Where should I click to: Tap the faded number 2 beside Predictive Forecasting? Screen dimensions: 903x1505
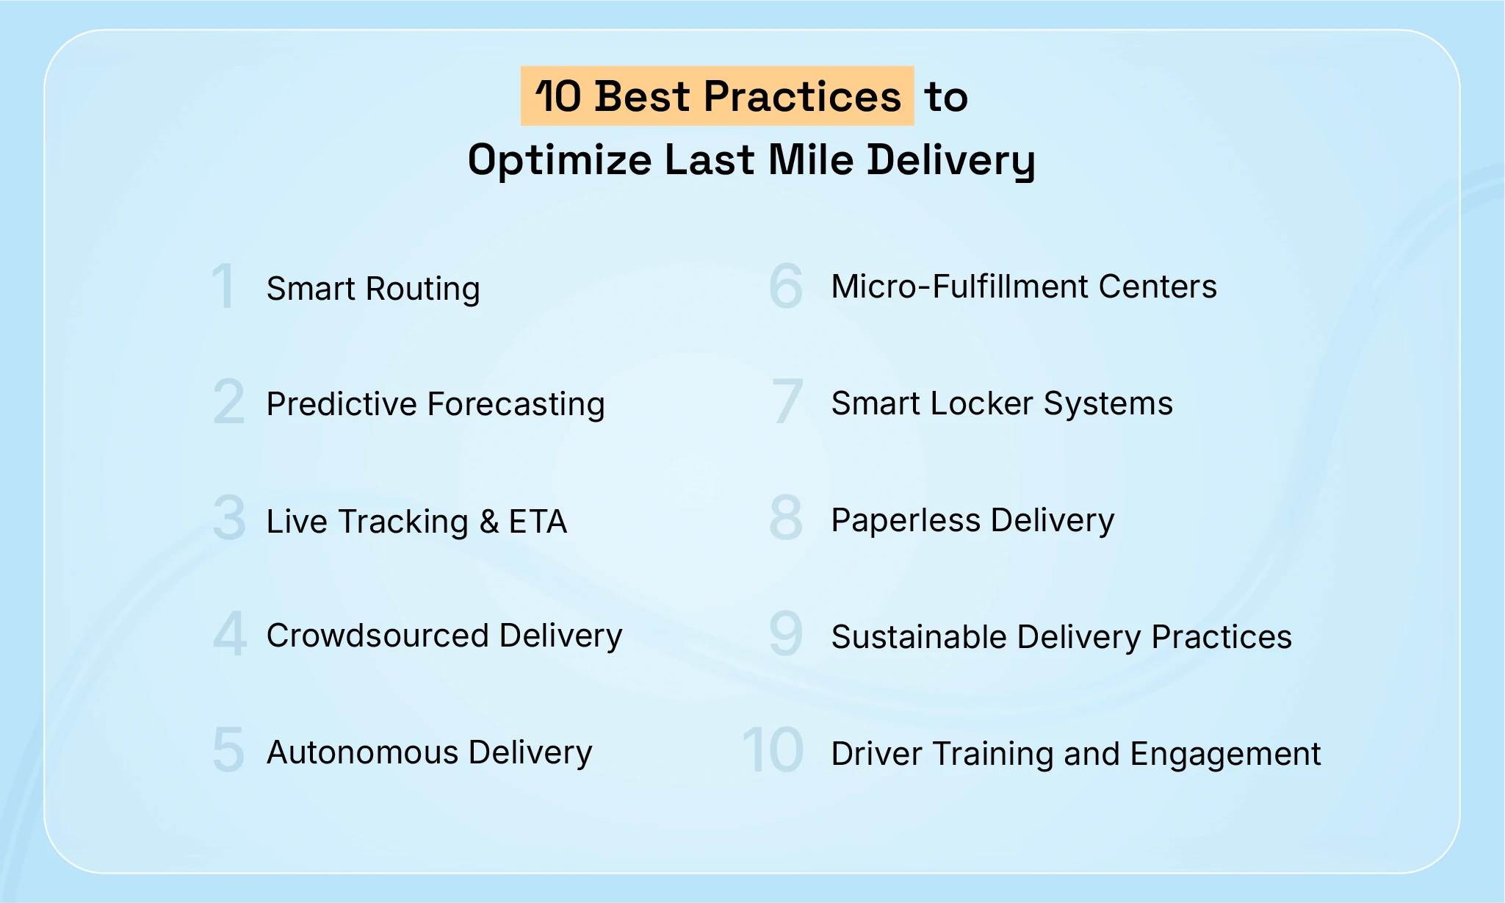click(x=228, y=402)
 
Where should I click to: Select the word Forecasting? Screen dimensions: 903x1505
click(x=516, y=405)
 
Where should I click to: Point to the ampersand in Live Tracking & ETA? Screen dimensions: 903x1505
click(x=489, y=522)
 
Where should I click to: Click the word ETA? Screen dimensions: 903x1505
click(x=538, y=522)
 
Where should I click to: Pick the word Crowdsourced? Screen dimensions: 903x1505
click(x=378, y=636)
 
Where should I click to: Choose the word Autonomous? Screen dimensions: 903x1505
click(x=362, y=752)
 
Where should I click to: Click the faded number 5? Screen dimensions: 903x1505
click(x=228, y=750)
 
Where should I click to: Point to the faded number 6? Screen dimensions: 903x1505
click(x=785, y=286)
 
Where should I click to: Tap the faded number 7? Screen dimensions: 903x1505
click(x=787, y=401)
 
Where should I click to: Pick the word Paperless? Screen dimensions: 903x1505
click(x=906, y=521)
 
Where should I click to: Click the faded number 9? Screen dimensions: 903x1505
click(x=785, y=633)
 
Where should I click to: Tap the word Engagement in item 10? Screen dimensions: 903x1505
click(x=1225, y=755)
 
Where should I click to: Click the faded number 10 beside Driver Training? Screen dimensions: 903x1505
click(x=773, y=750)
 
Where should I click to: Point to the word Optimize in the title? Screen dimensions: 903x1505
click(x=560, y=160)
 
